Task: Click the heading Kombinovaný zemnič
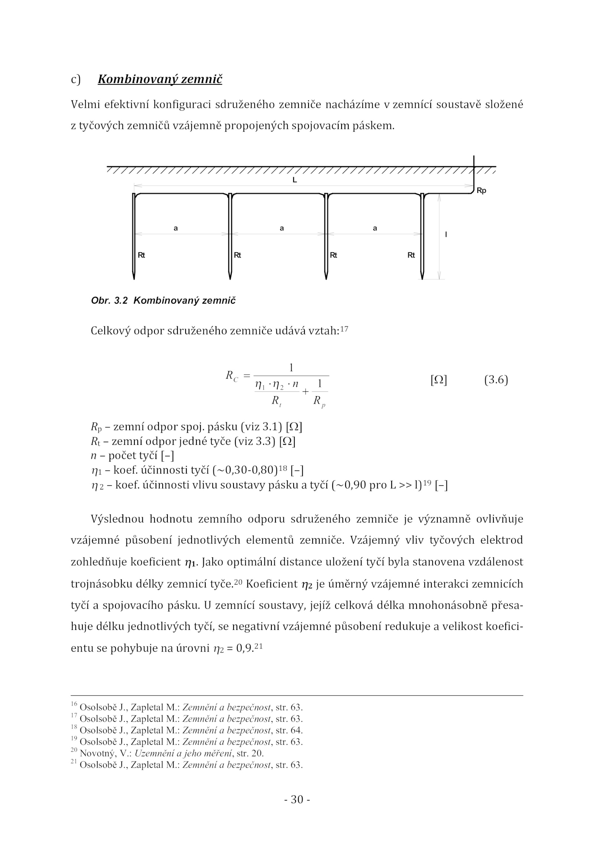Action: coord(160,80)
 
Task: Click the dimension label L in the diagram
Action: coord(294,180)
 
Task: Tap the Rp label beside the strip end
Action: coord(481,191)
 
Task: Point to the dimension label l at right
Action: coord(446,234)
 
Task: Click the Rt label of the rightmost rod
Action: coord(411,255)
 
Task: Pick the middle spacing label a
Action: coord(282,228)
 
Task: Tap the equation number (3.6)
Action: coord(496,380)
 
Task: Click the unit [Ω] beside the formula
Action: coord(438,380)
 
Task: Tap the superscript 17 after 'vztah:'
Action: coord(344,328)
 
